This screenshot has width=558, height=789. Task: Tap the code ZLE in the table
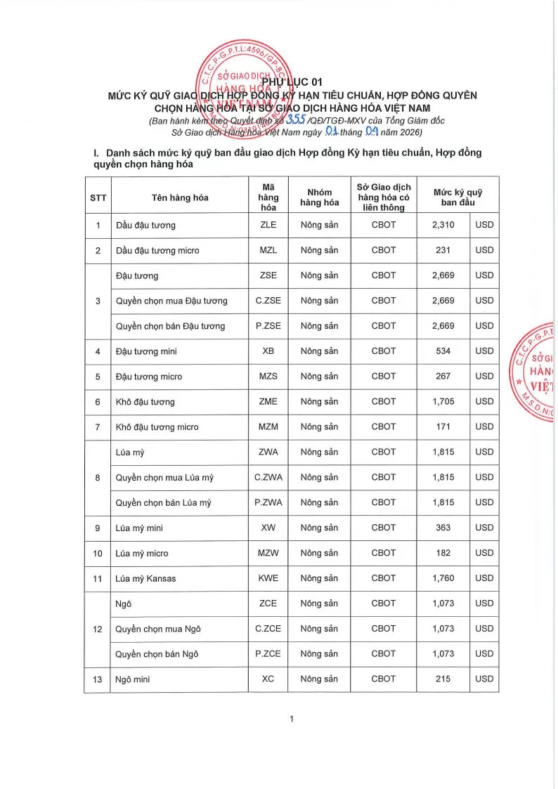(x=268, y=225)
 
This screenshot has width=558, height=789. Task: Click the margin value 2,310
(x=443, y=225)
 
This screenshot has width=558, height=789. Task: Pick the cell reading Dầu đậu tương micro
(x=157, y=250)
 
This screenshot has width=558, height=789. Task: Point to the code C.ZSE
(x=268, y=301)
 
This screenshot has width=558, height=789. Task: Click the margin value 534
(x=443, y=351)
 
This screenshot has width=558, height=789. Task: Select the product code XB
(x=268, y=351)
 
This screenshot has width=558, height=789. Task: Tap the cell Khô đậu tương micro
(x=157, y=427)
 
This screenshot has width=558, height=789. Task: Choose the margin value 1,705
(x=443, y=402)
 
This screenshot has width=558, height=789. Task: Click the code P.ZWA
(x=268, y=503)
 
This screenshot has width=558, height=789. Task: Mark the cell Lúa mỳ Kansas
(x=145, y=578)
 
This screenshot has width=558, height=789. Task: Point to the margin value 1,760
(x=443, y=578)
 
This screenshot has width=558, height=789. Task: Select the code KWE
(x=268, y=578)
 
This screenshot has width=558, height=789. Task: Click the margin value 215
(x=443, y=679)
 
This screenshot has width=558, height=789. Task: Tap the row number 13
(x=98, y=679)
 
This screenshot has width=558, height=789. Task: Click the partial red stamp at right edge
(x=536, y=372)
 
